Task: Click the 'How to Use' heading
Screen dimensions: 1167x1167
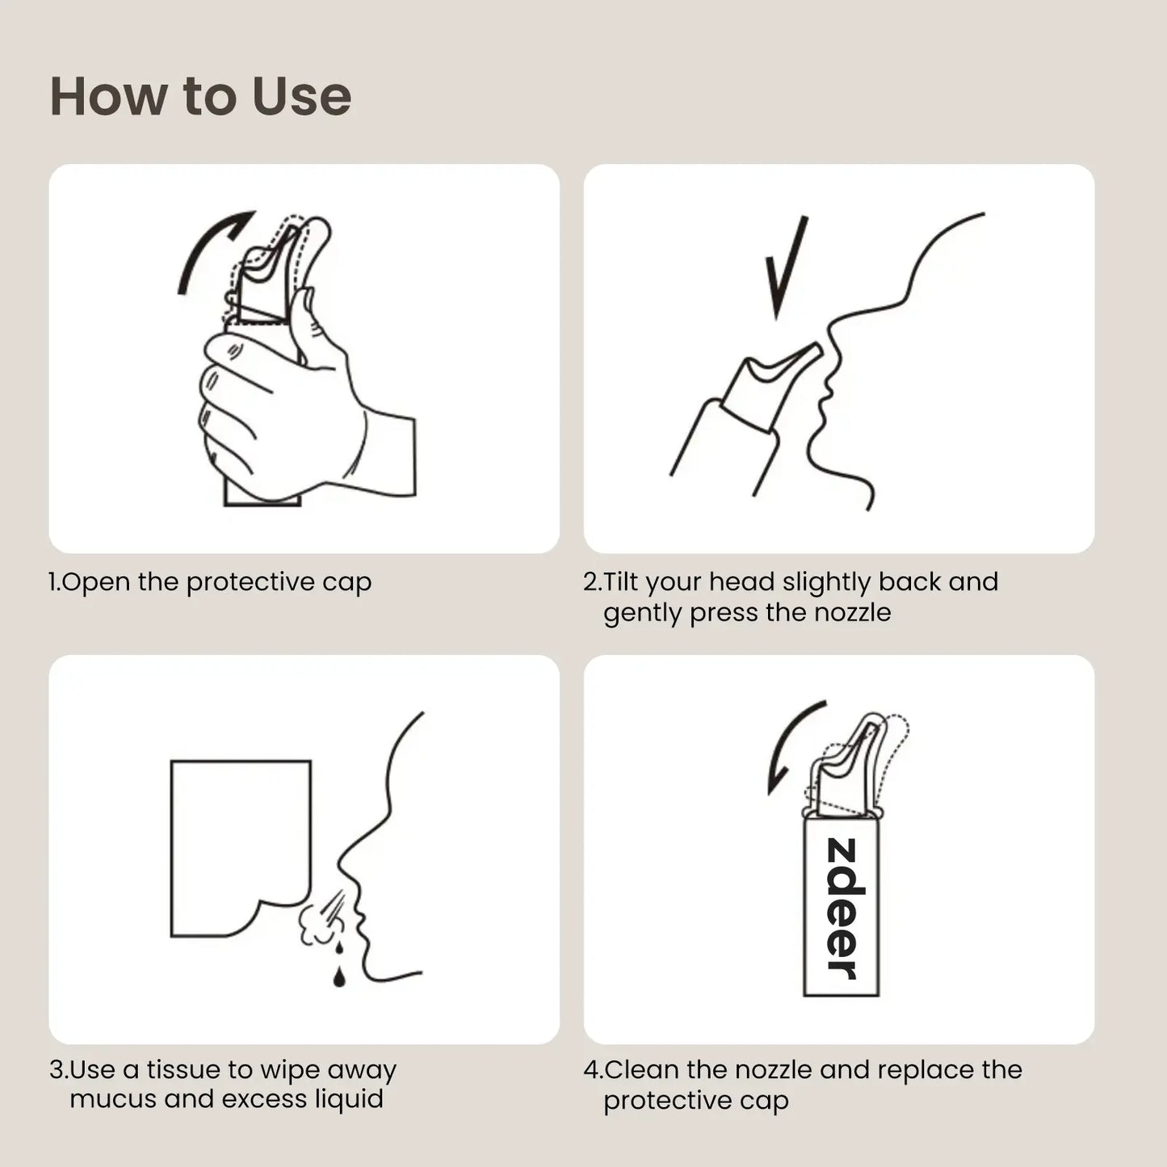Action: pos(200,96)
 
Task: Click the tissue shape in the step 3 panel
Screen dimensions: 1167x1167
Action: pos(241,848)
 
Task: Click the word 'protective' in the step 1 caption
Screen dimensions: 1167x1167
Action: pos(250,582)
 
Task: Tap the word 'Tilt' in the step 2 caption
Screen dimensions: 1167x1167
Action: pos(621,581)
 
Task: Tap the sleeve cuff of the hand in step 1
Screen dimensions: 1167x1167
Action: pos(391,457)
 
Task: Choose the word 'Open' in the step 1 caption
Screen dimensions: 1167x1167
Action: pos(95,582)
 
